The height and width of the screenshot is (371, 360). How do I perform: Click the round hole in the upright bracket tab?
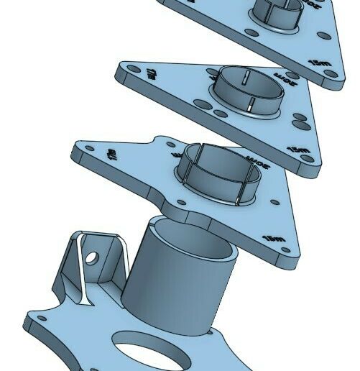click(x=91, y=257)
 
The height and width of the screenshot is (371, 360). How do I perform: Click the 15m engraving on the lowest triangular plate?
click(x=274, y=238)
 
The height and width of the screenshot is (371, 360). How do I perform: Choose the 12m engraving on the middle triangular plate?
click(x=296, y=149)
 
